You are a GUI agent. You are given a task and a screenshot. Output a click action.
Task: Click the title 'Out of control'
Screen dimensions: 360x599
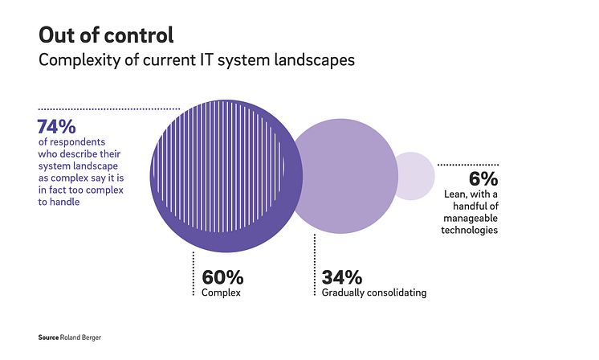[106, 35]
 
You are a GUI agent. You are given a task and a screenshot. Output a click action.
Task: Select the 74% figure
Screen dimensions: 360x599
[57, 127]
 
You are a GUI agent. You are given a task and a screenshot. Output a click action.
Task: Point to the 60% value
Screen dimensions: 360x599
[222, 277]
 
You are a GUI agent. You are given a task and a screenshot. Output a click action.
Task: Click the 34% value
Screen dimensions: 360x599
[342, 277]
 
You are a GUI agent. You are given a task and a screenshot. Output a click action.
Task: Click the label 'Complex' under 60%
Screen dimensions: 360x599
[221, 292]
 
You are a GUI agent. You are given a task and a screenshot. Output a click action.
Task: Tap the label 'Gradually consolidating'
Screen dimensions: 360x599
[373, 292]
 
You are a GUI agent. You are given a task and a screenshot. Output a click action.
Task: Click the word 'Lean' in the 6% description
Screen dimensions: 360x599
[454, 194]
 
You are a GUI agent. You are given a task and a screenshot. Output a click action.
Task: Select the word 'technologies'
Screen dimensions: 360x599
[470, 230]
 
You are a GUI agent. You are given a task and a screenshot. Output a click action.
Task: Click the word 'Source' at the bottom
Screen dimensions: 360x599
[49, 337]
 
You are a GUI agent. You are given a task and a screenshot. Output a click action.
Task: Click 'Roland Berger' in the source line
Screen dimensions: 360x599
[82, 337]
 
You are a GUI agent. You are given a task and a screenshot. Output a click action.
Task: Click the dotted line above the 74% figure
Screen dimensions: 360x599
[108, 108]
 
